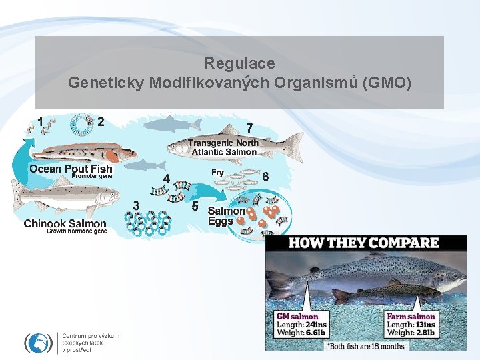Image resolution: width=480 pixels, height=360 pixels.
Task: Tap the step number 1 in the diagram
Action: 41,121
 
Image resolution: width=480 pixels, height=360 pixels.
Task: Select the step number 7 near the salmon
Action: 249,127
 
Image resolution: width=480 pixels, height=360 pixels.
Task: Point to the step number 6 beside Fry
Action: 265,176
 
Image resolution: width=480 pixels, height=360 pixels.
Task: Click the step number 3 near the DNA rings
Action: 137,206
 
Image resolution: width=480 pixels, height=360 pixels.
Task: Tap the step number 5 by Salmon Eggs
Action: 195,206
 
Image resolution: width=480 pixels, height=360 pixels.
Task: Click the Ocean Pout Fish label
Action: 71,169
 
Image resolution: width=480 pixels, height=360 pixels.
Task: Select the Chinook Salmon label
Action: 65,223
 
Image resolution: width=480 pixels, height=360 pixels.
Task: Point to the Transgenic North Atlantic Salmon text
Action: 223,147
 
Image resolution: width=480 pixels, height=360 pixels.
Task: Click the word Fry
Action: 217,173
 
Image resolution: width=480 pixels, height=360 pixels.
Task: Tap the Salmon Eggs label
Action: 226,216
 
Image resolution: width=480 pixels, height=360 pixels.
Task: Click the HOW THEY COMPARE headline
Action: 363,243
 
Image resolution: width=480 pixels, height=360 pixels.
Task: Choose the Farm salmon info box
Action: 411,324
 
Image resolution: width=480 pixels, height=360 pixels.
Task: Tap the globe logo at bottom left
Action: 38,343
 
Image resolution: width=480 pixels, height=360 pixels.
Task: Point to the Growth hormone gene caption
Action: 76,231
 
